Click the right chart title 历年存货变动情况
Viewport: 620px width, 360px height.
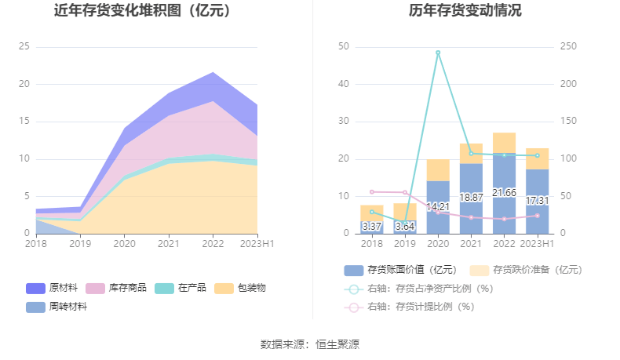[x=465, y=11]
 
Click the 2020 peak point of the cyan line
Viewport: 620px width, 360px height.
[x=438, y=53]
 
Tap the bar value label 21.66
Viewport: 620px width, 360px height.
[x=504, y=192]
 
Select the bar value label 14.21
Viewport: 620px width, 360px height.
[x=438, y=208]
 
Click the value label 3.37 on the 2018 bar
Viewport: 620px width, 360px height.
[x=372, y=227]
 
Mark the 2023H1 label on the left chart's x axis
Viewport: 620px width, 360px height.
[x=257, y=245]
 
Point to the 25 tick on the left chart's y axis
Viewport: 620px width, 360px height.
[x=24, y=47]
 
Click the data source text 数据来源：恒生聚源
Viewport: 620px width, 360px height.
[x=310, y=344]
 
